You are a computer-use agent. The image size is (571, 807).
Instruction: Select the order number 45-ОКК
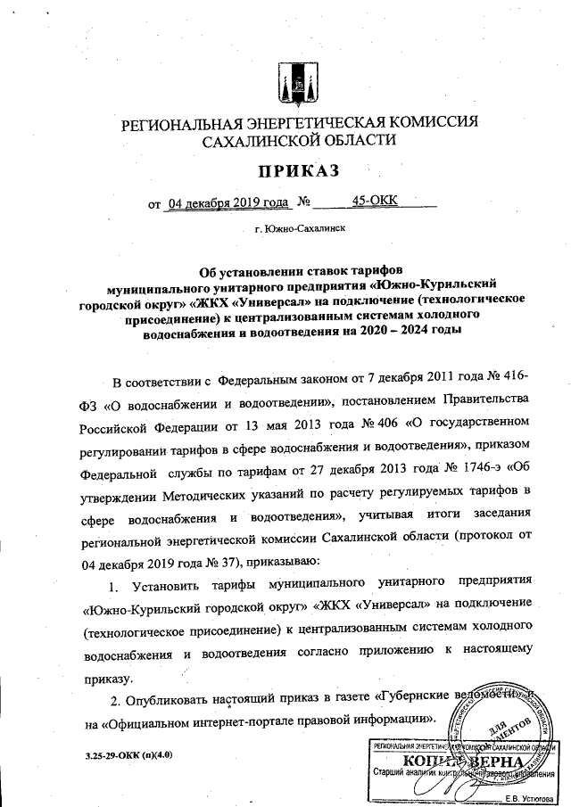pyautogui.click(x=375, y=202)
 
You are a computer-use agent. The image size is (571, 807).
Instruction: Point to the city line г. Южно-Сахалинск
pyautogui.click(x=299, y=228)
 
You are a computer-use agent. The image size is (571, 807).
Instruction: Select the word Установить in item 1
pyautogui.click(x=172, y=586)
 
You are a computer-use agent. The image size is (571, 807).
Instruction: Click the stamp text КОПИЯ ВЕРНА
pyautogui.click(x=459, y=762)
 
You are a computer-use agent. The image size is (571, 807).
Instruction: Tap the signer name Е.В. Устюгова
pyautogui.click(x=528, y=796)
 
